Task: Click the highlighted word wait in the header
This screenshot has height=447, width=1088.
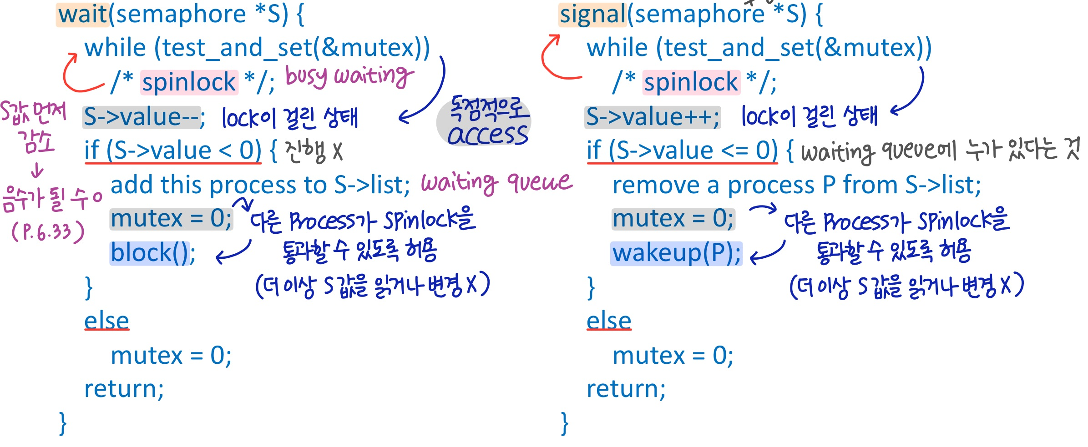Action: [x=82, y=15]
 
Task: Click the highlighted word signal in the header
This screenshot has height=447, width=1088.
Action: [x=592, y=15]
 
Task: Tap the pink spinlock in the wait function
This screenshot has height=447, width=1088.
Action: [x=189, y=82]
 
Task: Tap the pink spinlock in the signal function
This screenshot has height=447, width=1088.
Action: [x=691, y=82]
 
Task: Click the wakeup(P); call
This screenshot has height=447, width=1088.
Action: [x=676, y=253]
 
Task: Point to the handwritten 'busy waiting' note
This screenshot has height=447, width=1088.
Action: [x=349, y=76]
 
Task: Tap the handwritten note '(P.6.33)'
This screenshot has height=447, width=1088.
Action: [x=48, y=232]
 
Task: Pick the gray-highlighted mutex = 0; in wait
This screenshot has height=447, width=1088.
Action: [x=171, y=219]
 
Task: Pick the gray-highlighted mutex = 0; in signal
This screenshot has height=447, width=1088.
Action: [x=673, y=219]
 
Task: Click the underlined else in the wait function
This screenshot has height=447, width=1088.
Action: [x=107, y=321]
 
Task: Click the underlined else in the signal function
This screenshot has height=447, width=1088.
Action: [x=609, y=321]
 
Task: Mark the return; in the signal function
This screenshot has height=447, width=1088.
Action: [x=626, y=389]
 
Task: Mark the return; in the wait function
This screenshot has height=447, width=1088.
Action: [x=124, y=389]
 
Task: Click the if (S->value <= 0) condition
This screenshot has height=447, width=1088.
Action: [x=682, y=151]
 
